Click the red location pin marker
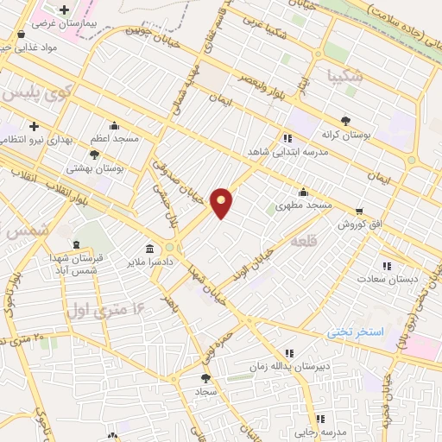click(x=222, y=203)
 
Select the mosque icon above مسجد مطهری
click(x=303, y=193)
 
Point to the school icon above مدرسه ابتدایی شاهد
click(x=287, y=137)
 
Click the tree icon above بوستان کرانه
click(x=346, y=122)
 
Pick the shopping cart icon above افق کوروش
click(x=359, y=211)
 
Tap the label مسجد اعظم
click(x=114, y=138)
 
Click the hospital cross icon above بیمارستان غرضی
click(x=65, y=9)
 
